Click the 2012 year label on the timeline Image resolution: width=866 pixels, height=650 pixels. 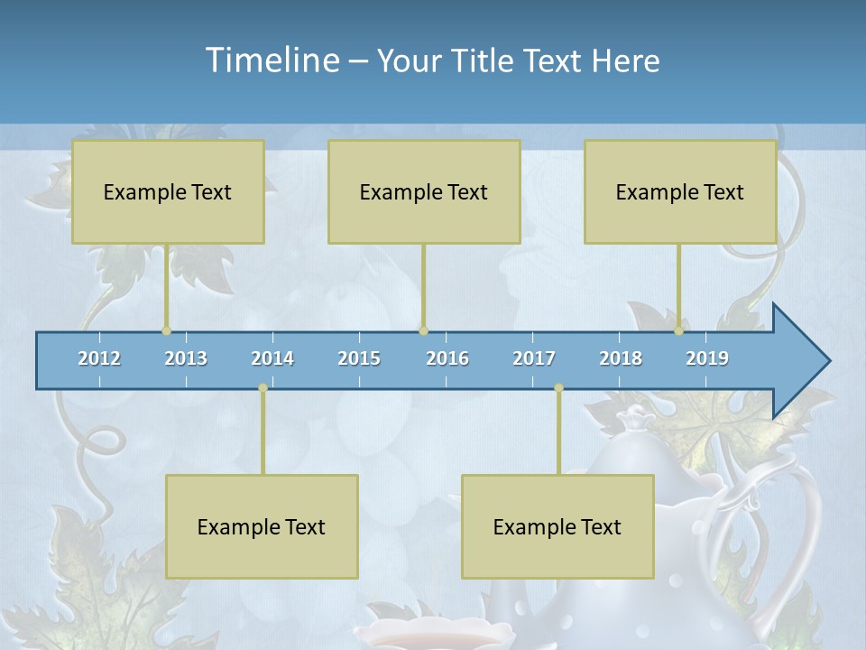99,358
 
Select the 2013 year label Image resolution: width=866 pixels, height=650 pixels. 186,358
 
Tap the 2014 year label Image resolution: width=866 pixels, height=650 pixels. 272,358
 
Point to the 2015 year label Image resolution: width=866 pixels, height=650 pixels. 359,358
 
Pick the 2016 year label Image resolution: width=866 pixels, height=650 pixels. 447,358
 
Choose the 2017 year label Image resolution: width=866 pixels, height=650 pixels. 534,358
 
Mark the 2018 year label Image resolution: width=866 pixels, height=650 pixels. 621,358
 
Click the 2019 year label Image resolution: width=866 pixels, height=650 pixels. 707,358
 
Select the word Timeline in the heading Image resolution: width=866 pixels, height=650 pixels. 272,60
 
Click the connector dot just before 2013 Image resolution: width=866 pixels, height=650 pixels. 166,331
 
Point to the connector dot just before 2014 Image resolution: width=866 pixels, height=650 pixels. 263,388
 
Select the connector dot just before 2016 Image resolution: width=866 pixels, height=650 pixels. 423,331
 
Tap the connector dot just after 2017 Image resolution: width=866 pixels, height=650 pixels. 558,388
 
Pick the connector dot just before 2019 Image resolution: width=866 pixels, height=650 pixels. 679,331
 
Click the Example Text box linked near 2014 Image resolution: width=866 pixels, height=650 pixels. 262,526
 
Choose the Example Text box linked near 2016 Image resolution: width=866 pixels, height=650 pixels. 424,191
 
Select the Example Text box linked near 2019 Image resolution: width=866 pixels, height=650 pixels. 680,191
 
